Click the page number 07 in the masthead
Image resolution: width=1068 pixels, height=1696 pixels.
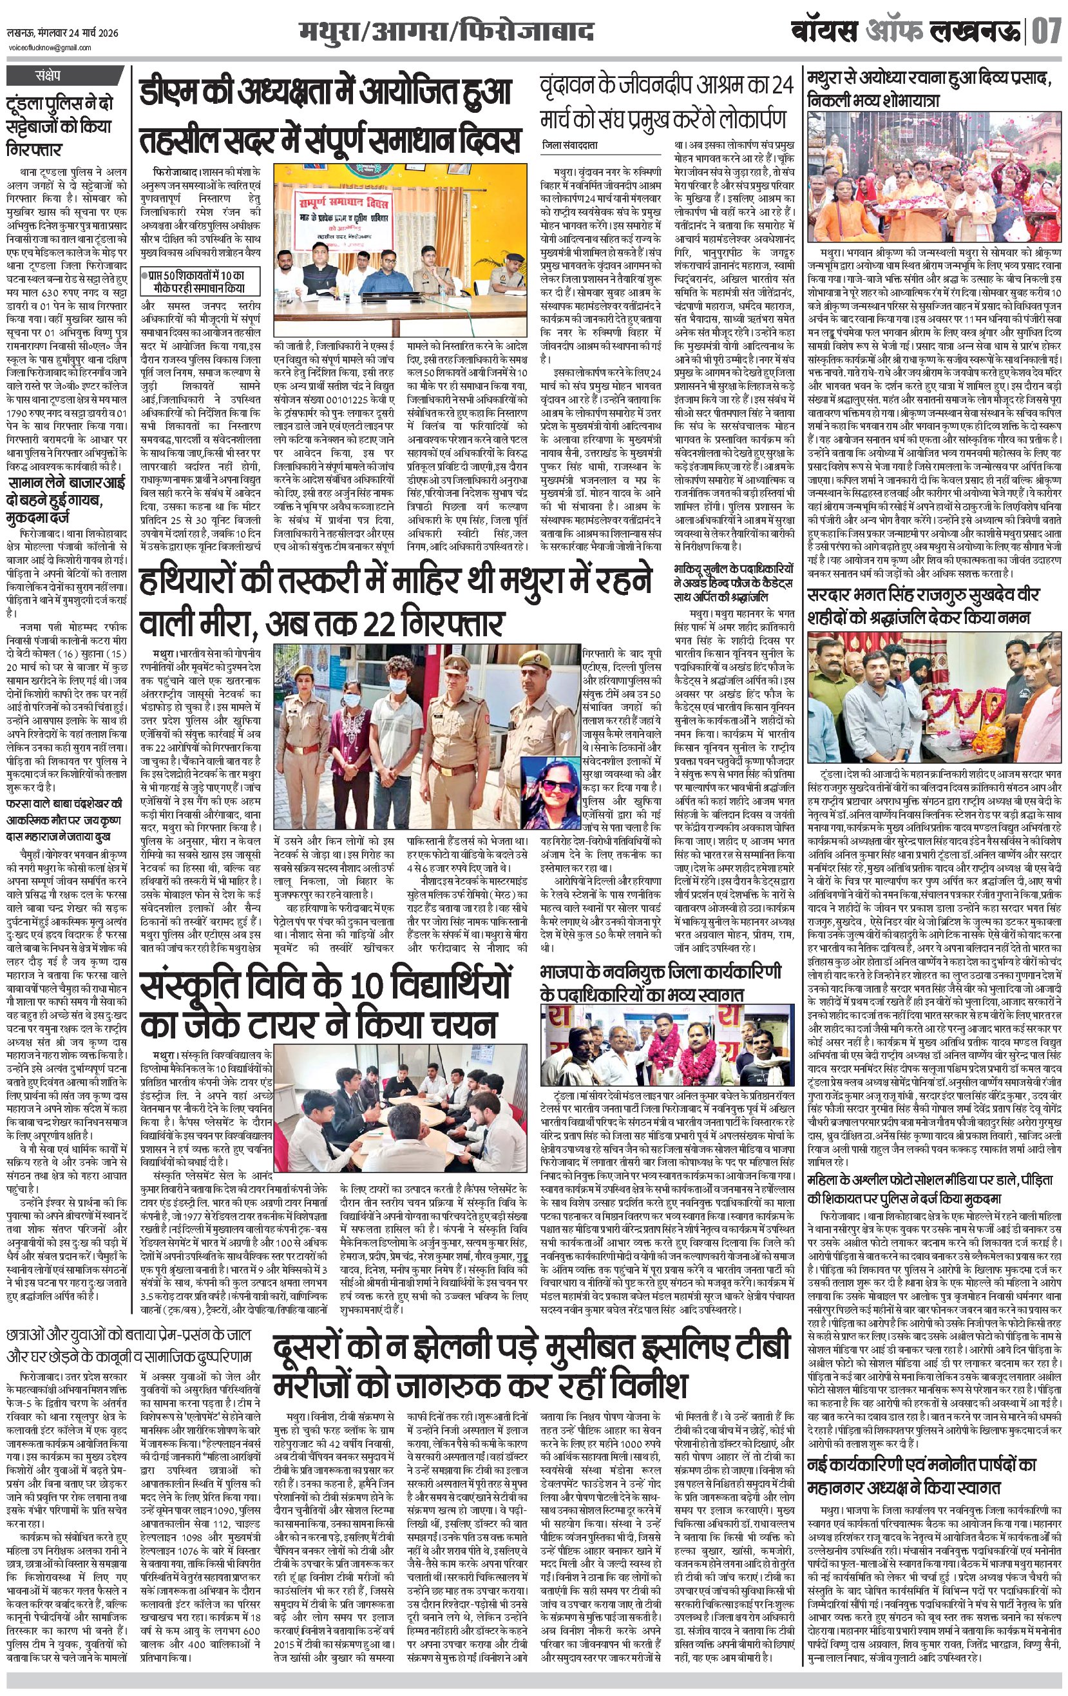(1046, 33)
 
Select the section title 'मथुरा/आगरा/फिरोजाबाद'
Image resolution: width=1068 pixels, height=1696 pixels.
(446, 32)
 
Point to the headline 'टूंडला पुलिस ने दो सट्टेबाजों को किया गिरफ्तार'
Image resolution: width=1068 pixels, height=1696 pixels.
(60, 127)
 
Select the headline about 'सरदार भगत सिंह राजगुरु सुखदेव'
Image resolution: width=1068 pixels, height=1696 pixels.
(923, 607)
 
